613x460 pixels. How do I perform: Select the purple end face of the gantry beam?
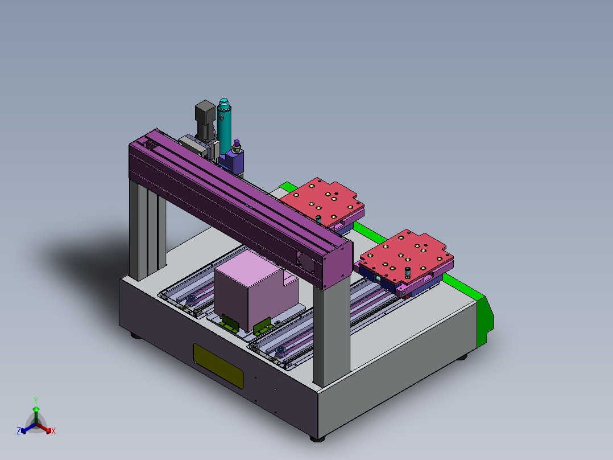[x=336, y=265]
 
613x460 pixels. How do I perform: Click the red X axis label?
[x=53, y=432]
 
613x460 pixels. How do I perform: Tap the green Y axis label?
[x=36, y=400]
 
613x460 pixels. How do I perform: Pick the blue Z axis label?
[x=19, y=431]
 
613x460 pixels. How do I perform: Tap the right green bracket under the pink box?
[x=262, y=326]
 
